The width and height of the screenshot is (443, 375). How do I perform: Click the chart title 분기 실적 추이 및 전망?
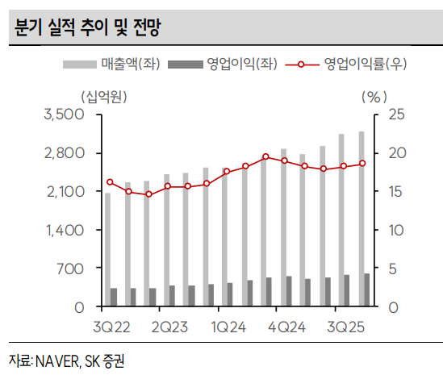click(x=87, y=30)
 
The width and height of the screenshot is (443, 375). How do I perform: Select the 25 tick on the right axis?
click(x=395, y=115)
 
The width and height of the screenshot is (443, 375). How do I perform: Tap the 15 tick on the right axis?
click(x=395, y=191)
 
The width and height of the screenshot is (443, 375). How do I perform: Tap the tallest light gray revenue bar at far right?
click(x=361, y=219)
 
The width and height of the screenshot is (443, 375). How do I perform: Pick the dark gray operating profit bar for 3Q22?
click(x=115, y=298)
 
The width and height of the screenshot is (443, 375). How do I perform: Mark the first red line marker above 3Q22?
click(x=110, y=182)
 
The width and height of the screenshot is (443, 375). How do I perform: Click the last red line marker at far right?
click(x=362, y=163)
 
